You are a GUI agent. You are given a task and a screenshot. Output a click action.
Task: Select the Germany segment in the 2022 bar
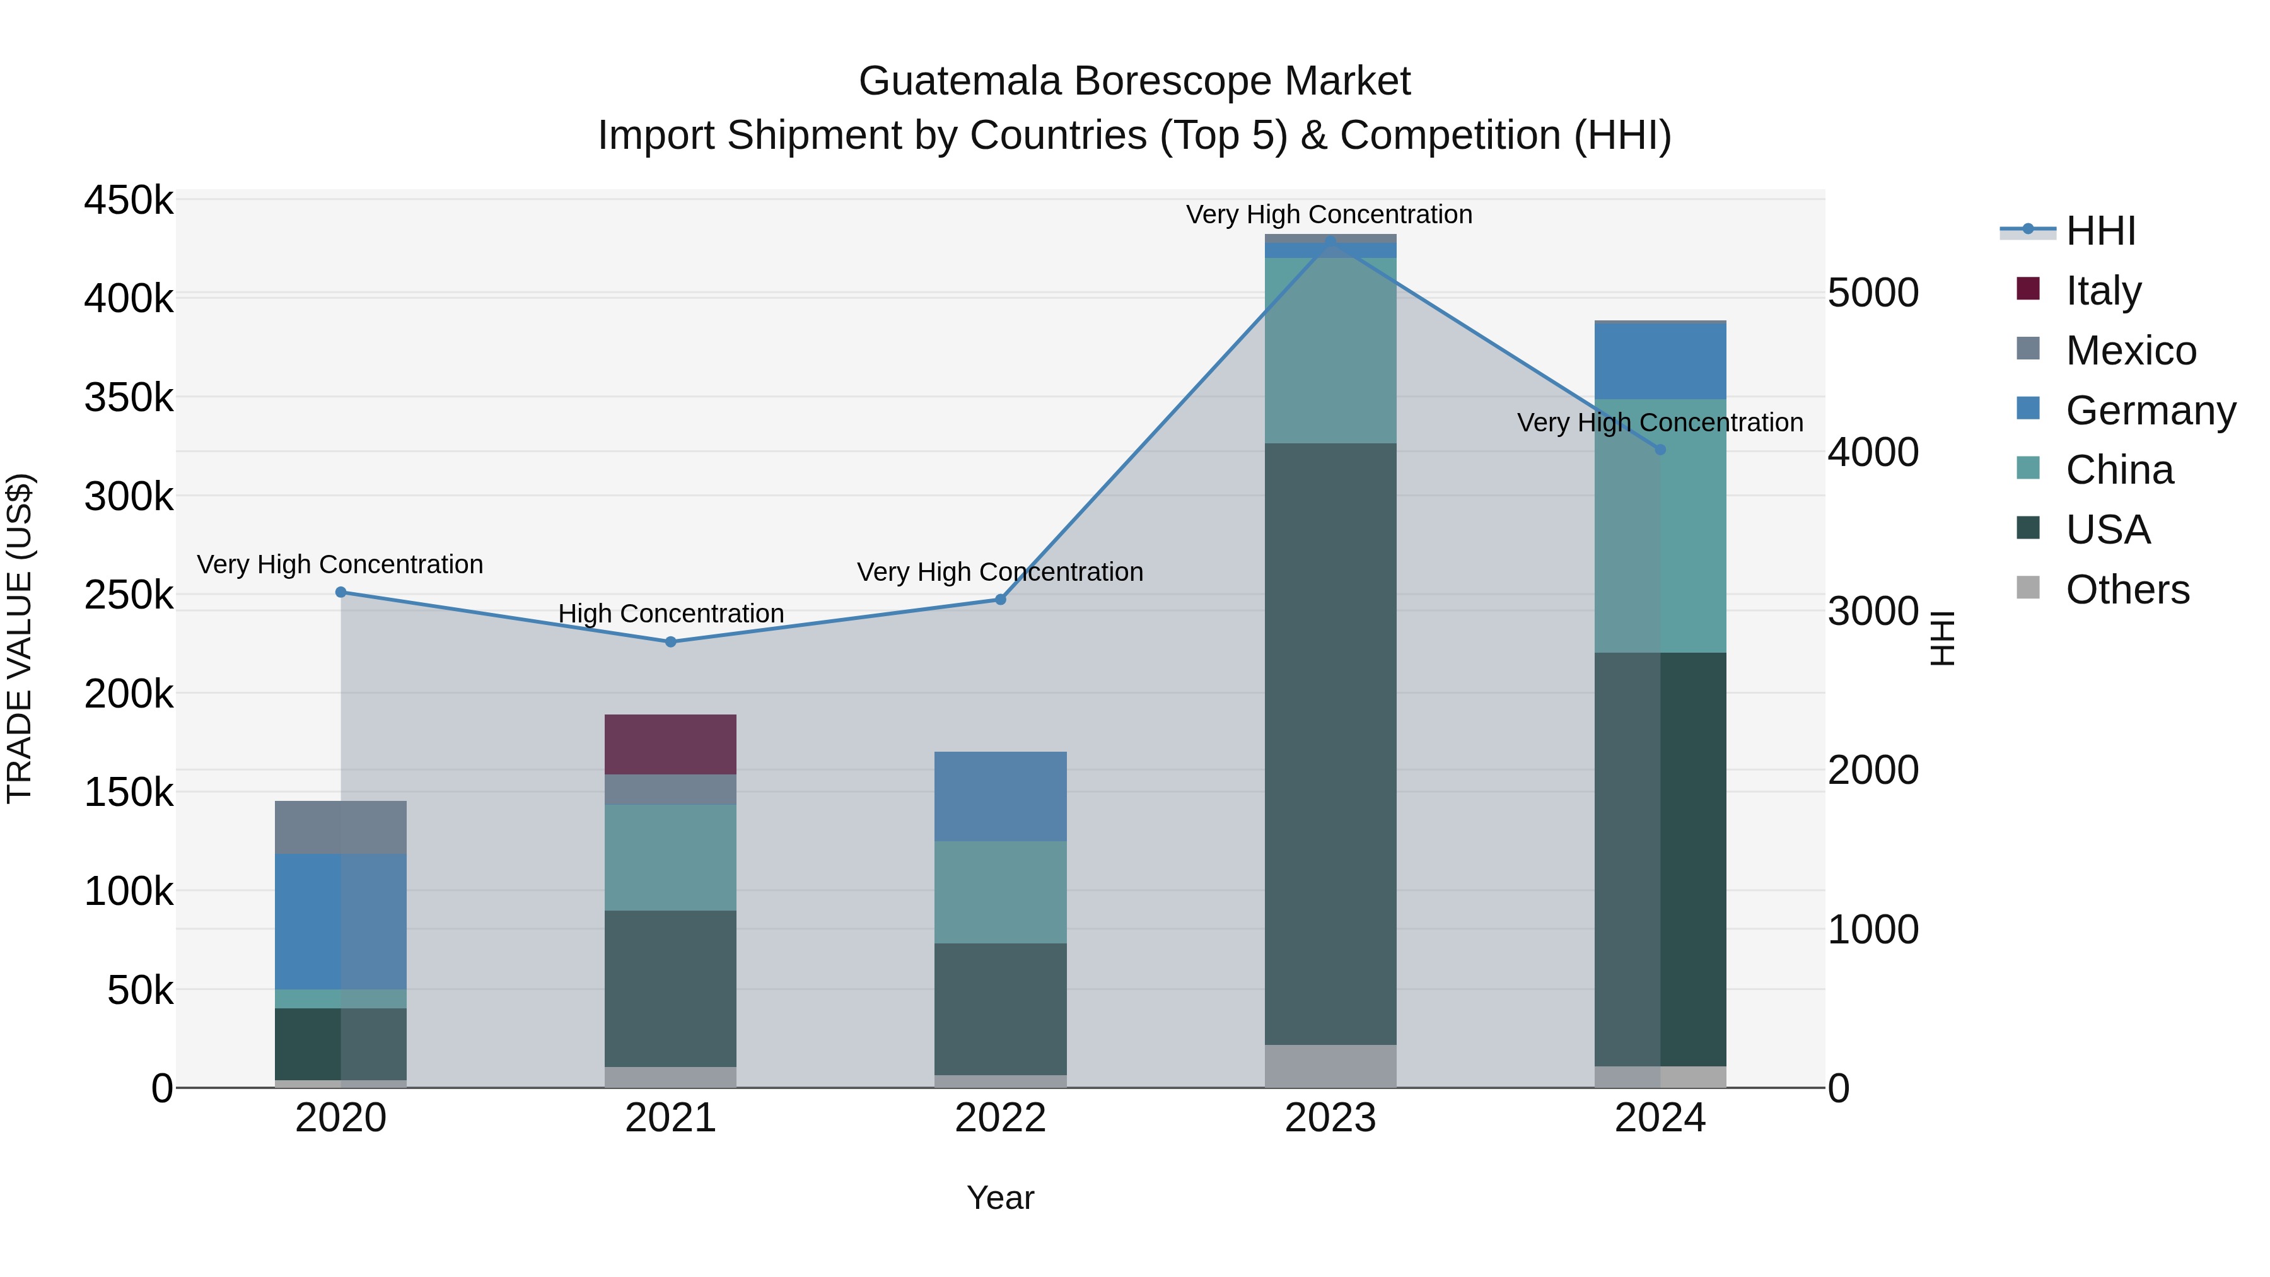1000,796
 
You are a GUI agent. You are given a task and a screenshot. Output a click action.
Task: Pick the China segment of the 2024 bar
1660,525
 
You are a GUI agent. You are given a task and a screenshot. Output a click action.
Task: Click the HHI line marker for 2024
1660,450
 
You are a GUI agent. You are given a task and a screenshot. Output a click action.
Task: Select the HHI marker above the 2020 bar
341,592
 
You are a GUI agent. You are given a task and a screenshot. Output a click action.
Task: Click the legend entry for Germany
2150,411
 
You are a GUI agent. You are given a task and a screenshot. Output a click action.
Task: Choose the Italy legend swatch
2028,289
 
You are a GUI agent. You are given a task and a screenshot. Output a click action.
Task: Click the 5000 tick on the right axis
1873,293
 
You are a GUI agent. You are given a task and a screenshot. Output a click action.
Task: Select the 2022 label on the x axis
1000,1117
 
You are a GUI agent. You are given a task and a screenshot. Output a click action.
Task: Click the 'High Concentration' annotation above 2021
671,614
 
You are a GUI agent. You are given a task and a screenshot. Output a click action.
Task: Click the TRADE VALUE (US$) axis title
20,638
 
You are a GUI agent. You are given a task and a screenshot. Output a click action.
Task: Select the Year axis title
1000,1198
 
